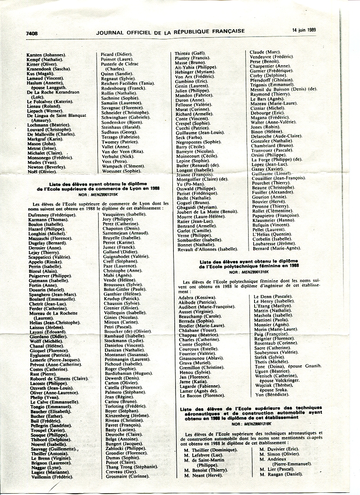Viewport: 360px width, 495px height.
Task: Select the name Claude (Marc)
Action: coord(262,52)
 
